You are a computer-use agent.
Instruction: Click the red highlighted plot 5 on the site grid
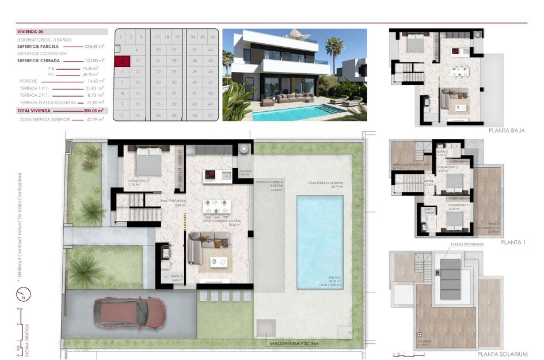123,60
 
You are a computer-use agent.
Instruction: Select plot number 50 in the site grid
211,115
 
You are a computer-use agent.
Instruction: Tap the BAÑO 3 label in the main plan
177,277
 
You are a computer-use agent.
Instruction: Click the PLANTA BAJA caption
507,131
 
